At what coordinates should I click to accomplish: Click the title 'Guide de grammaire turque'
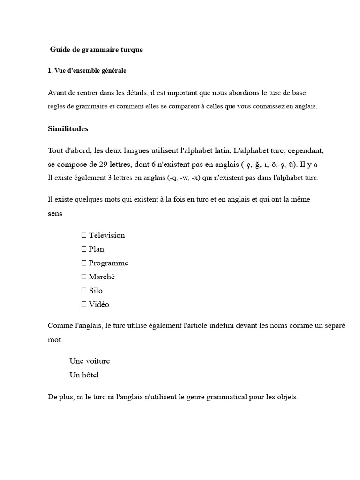click(97, 50)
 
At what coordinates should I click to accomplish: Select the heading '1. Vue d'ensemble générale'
click(87, 71)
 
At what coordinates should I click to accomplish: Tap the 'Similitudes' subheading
click(68, 129)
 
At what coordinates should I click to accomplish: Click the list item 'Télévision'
click(107, 235)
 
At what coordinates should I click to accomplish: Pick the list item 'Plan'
click(97, 249)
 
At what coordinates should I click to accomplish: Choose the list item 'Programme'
click(108, 263)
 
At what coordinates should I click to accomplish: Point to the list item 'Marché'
click(102, 277)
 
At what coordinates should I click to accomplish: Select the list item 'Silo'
click(96, 291)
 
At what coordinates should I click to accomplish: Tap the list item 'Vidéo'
click(99, 304)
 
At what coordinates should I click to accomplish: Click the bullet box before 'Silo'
click(84, 291)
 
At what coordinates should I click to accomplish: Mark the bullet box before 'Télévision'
click(84, 235)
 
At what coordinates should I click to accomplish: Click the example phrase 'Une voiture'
click(90, 361)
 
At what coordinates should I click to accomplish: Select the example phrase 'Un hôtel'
click(84, 375)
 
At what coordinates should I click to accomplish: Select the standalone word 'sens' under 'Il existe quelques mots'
click(55, 213)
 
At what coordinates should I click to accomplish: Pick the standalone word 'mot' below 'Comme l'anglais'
click(54, 340)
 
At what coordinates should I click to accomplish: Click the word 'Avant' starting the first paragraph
click(58, 93)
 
